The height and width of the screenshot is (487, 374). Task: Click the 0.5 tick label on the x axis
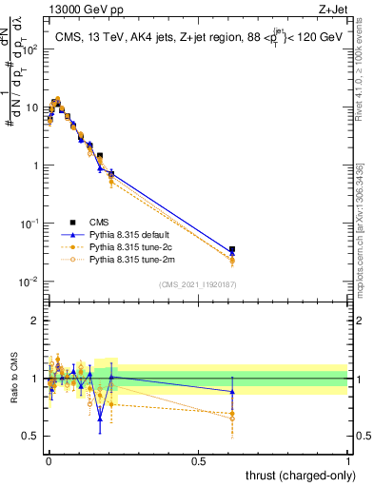point(198,459)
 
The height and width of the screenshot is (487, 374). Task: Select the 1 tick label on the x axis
point(348,459)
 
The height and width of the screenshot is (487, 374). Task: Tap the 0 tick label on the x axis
point(48,459)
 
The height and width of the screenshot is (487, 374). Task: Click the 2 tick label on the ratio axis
point(35,321)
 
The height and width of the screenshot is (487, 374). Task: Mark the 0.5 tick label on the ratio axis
point(31,437)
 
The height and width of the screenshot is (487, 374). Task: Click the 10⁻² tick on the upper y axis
point(30,282)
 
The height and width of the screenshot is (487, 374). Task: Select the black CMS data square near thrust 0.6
point(232,249)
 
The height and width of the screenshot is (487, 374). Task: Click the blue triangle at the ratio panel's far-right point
point(232,392)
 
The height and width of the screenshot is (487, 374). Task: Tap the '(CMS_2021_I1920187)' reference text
point(198,283)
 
